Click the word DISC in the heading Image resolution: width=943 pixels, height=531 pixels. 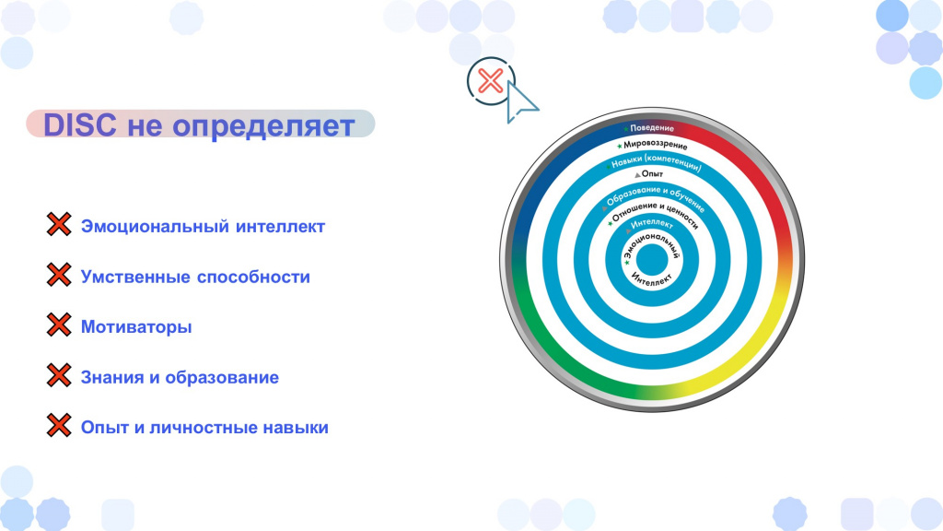coord(80,125)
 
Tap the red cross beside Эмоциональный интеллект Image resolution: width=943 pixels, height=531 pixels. coord(59,224)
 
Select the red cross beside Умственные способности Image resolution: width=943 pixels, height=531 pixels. coord(59,275)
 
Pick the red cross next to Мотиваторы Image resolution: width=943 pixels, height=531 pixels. coord(59,324)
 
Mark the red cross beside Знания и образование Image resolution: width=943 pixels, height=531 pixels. coord(59,375)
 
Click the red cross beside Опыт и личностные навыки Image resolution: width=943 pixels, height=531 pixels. coord(59,425)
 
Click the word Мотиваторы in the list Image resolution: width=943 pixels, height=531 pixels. coord(136,327)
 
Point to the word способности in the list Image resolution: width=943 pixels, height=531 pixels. coord(253,277)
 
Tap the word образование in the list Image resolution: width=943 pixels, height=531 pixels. coord(222,377)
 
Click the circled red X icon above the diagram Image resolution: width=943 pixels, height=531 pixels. coord(491,81)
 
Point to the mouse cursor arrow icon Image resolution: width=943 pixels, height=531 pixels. coord(521,102)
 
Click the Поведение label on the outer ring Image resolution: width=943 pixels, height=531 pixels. coord(651,127)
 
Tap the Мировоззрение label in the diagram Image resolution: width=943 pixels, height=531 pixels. coord(655,145)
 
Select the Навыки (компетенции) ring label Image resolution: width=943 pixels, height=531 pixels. coord(656,161)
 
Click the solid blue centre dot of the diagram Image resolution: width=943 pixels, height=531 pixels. coord(652,260)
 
